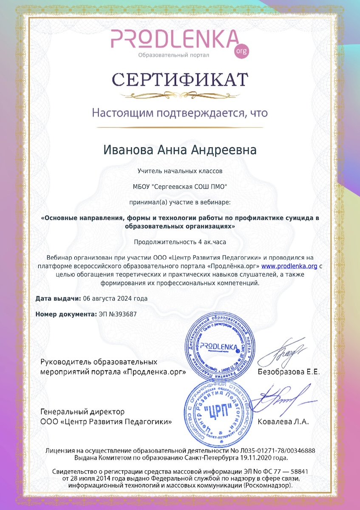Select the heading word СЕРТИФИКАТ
180,79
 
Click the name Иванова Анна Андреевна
180,150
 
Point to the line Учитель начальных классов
180,171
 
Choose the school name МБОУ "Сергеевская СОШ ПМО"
180,186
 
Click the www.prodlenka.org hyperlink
289,266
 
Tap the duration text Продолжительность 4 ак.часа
180,242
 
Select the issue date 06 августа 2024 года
116,298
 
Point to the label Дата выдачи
58,298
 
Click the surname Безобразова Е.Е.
289,372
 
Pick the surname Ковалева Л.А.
283,422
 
